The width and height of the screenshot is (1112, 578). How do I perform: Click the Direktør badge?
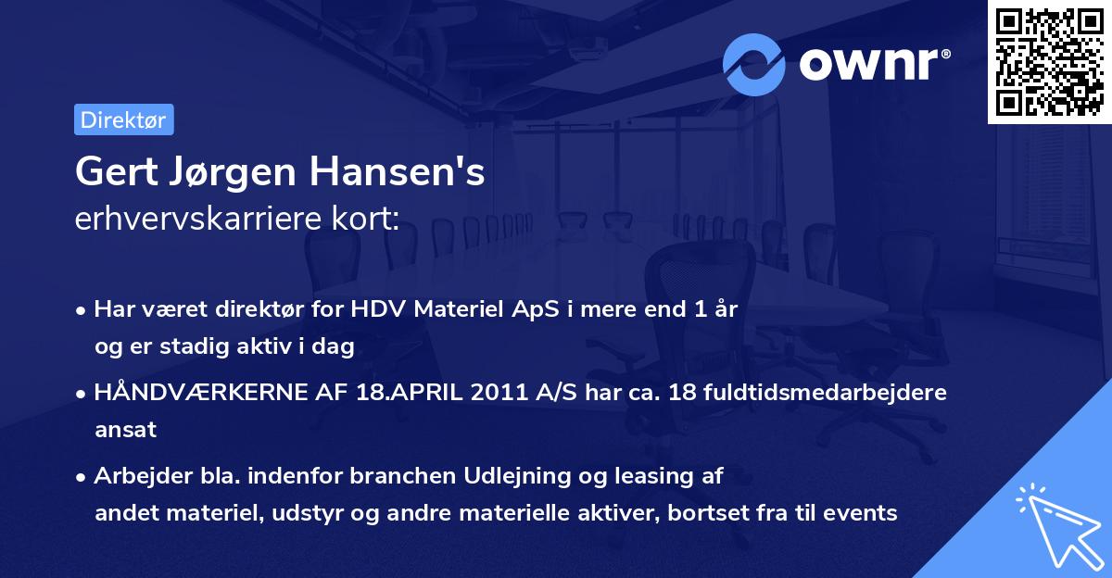pos(123,119)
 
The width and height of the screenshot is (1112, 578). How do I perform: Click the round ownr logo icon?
pos(754,65)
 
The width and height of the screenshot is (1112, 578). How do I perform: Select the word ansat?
pos(125,430)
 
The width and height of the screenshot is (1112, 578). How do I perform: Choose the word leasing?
pos(631,476)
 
